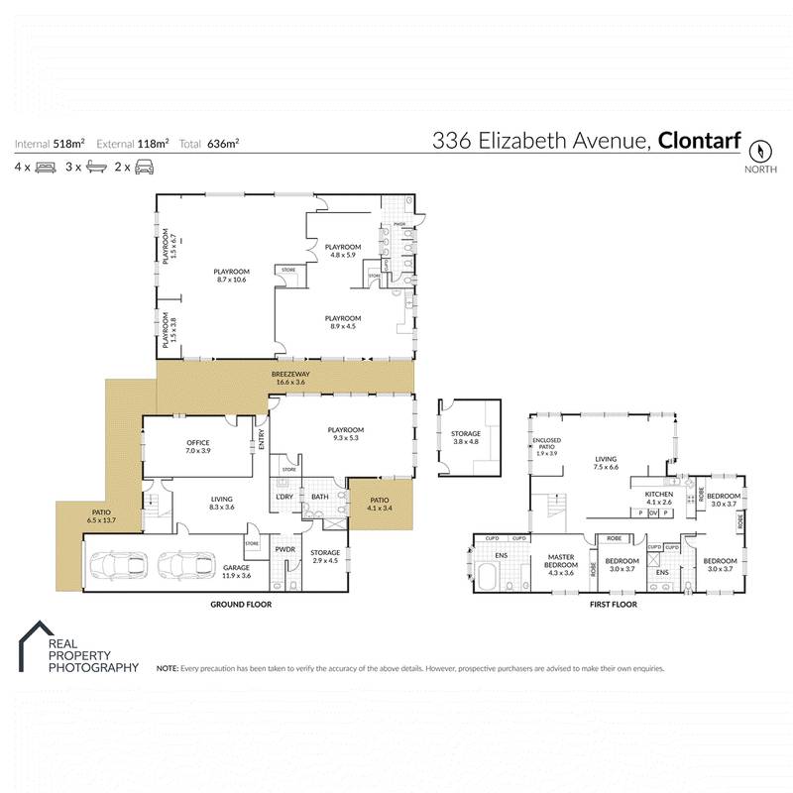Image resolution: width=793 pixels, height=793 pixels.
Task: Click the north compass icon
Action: [x=760, y=152]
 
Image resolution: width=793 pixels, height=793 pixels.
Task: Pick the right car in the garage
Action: [x=182, y=565]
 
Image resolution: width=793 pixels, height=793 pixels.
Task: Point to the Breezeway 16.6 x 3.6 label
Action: [x=290, y=377]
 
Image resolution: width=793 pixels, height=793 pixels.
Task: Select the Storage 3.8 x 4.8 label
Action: [x=466, y=437]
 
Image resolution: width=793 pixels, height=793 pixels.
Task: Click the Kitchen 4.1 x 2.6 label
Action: [x=659, y=498]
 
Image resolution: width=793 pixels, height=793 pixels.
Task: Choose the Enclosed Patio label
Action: [x=547, y=449]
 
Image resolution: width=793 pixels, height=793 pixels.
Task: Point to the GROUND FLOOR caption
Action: [x=241, y=604]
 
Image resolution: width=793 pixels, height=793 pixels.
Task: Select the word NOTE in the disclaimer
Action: [x=168, y=669]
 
